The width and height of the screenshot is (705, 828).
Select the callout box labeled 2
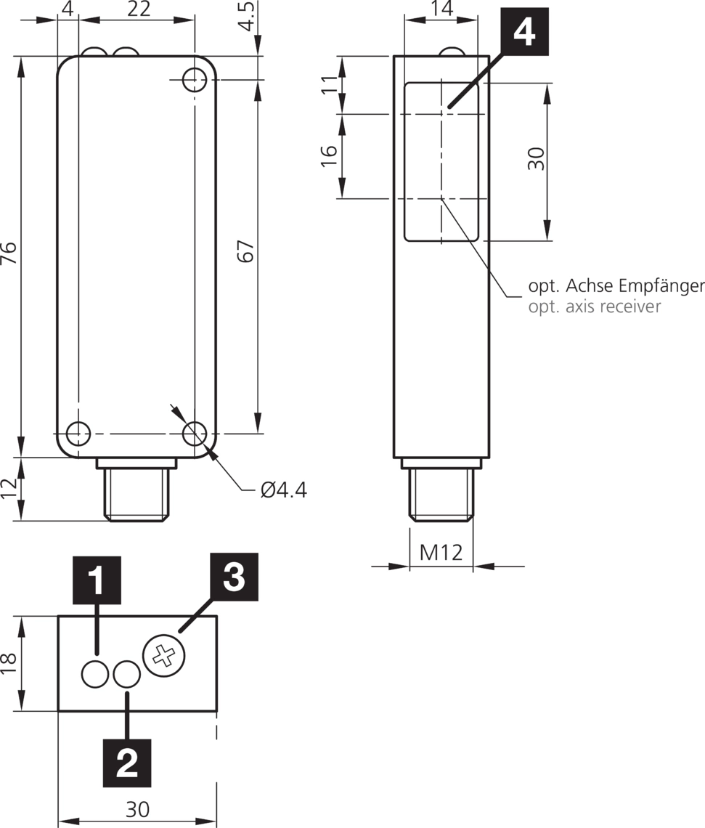tap(127, 763)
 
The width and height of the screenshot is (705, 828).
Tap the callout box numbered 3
tap(234, 577)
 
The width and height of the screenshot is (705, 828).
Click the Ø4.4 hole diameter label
tap(283, 490)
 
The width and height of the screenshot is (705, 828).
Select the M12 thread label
tap(441, 553)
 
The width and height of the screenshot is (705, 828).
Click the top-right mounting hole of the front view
tap(194, 80)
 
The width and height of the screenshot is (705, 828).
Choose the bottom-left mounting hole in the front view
tap(77, 434)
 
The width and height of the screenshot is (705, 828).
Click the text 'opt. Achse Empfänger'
tap(616, 285)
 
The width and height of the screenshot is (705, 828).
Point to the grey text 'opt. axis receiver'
tap(594, 307)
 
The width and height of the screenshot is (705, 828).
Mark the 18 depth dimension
tap(9, 663)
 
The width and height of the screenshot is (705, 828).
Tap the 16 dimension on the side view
tap(329, 155)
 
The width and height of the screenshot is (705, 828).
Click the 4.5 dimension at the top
tap(248, 17)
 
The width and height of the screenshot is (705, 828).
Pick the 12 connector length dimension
tap(9, 488)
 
